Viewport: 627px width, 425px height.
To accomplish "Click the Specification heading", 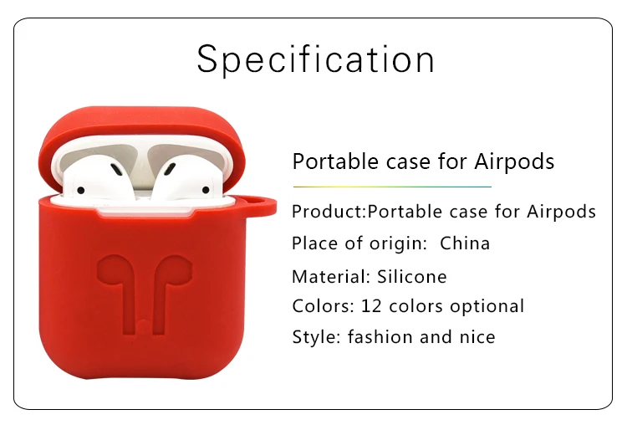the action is click(x=315, y=59).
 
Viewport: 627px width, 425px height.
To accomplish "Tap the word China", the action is click(x=465, y=243).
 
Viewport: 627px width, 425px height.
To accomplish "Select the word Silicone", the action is click(x=412, y=277).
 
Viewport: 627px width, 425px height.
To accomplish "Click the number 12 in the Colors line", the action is click(x=370, y=306).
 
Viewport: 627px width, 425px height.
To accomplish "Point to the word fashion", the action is click(x=380, y=336).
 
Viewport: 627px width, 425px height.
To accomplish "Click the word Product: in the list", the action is click(x=329, y=212).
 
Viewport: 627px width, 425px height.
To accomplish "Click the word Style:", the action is click(x=316, y=337).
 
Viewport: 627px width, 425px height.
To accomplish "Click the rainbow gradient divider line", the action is click(x=392, y=187).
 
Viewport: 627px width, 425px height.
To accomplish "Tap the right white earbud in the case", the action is click(x=188, y=178).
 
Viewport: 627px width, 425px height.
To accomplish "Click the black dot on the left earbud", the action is click(x=81, y=190).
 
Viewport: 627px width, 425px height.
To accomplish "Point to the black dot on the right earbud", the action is click(x=206, y=190).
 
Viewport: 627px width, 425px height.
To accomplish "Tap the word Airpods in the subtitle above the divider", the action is click(x=514, y=161).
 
